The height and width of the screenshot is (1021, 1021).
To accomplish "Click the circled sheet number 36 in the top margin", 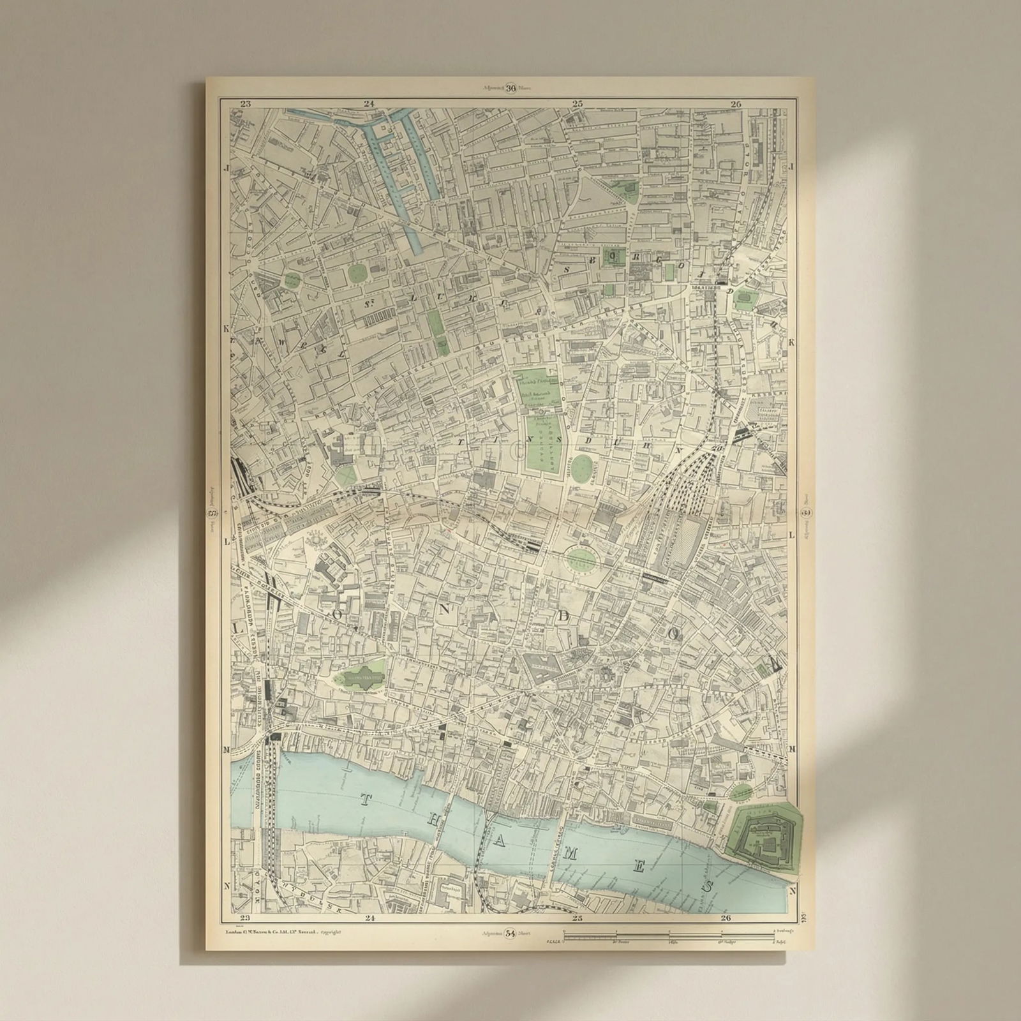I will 511,89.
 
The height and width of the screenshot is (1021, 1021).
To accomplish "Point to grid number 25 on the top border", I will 578,103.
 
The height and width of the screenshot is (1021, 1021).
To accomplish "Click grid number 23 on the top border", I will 246,103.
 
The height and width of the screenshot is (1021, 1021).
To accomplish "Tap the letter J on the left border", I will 226,167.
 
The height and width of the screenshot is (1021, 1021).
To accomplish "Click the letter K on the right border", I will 792,343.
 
